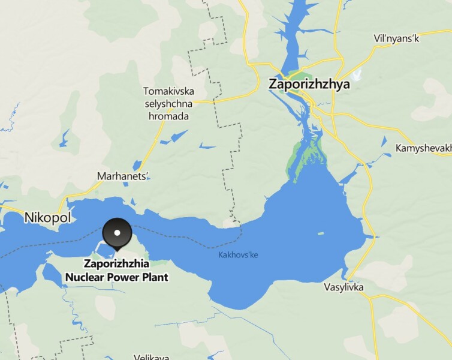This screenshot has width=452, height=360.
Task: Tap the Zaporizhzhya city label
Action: [x=309, y=85]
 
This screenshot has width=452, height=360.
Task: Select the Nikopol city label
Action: [x=48, y=218]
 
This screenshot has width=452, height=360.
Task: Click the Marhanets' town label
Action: [x=122, y=176]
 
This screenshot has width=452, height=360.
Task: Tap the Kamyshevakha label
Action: [x=423, y=148]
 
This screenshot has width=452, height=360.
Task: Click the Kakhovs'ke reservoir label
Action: [x=237, y=256]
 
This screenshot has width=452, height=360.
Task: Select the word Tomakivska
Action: [x=169, y=92]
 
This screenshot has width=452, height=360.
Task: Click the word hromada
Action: [x=169, y=116]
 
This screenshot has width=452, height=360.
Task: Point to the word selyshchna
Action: [x=169, y=104]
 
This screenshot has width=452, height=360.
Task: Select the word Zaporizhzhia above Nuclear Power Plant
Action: [x=116, y=263]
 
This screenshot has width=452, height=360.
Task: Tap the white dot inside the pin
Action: [x=117, y=232]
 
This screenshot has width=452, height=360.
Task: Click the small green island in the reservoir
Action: [x=320, y=233]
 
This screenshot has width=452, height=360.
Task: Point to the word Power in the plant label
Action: [x=124, y=277]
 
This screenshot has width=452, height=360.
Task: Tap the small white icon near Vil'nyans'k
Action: [x=358, y=76]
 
